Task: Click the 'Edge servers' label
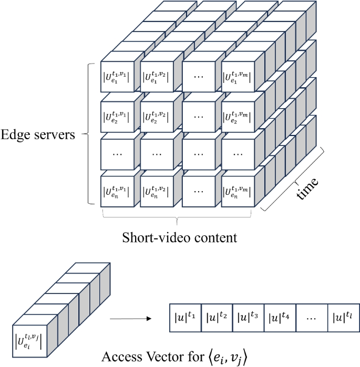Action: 38,135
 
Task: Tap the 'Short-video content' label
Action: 180,237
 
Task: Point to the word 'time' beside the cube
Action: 307,188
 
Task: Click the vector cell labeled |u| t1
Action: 185,317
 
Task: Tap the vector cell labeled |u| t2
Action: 217,317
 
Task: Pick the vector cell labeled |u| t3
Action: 248,317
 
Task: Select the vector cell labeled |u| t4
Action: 280,317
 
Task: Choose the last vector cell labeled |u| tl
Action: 343,317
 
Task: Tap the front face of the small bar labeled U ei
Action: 29,336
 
